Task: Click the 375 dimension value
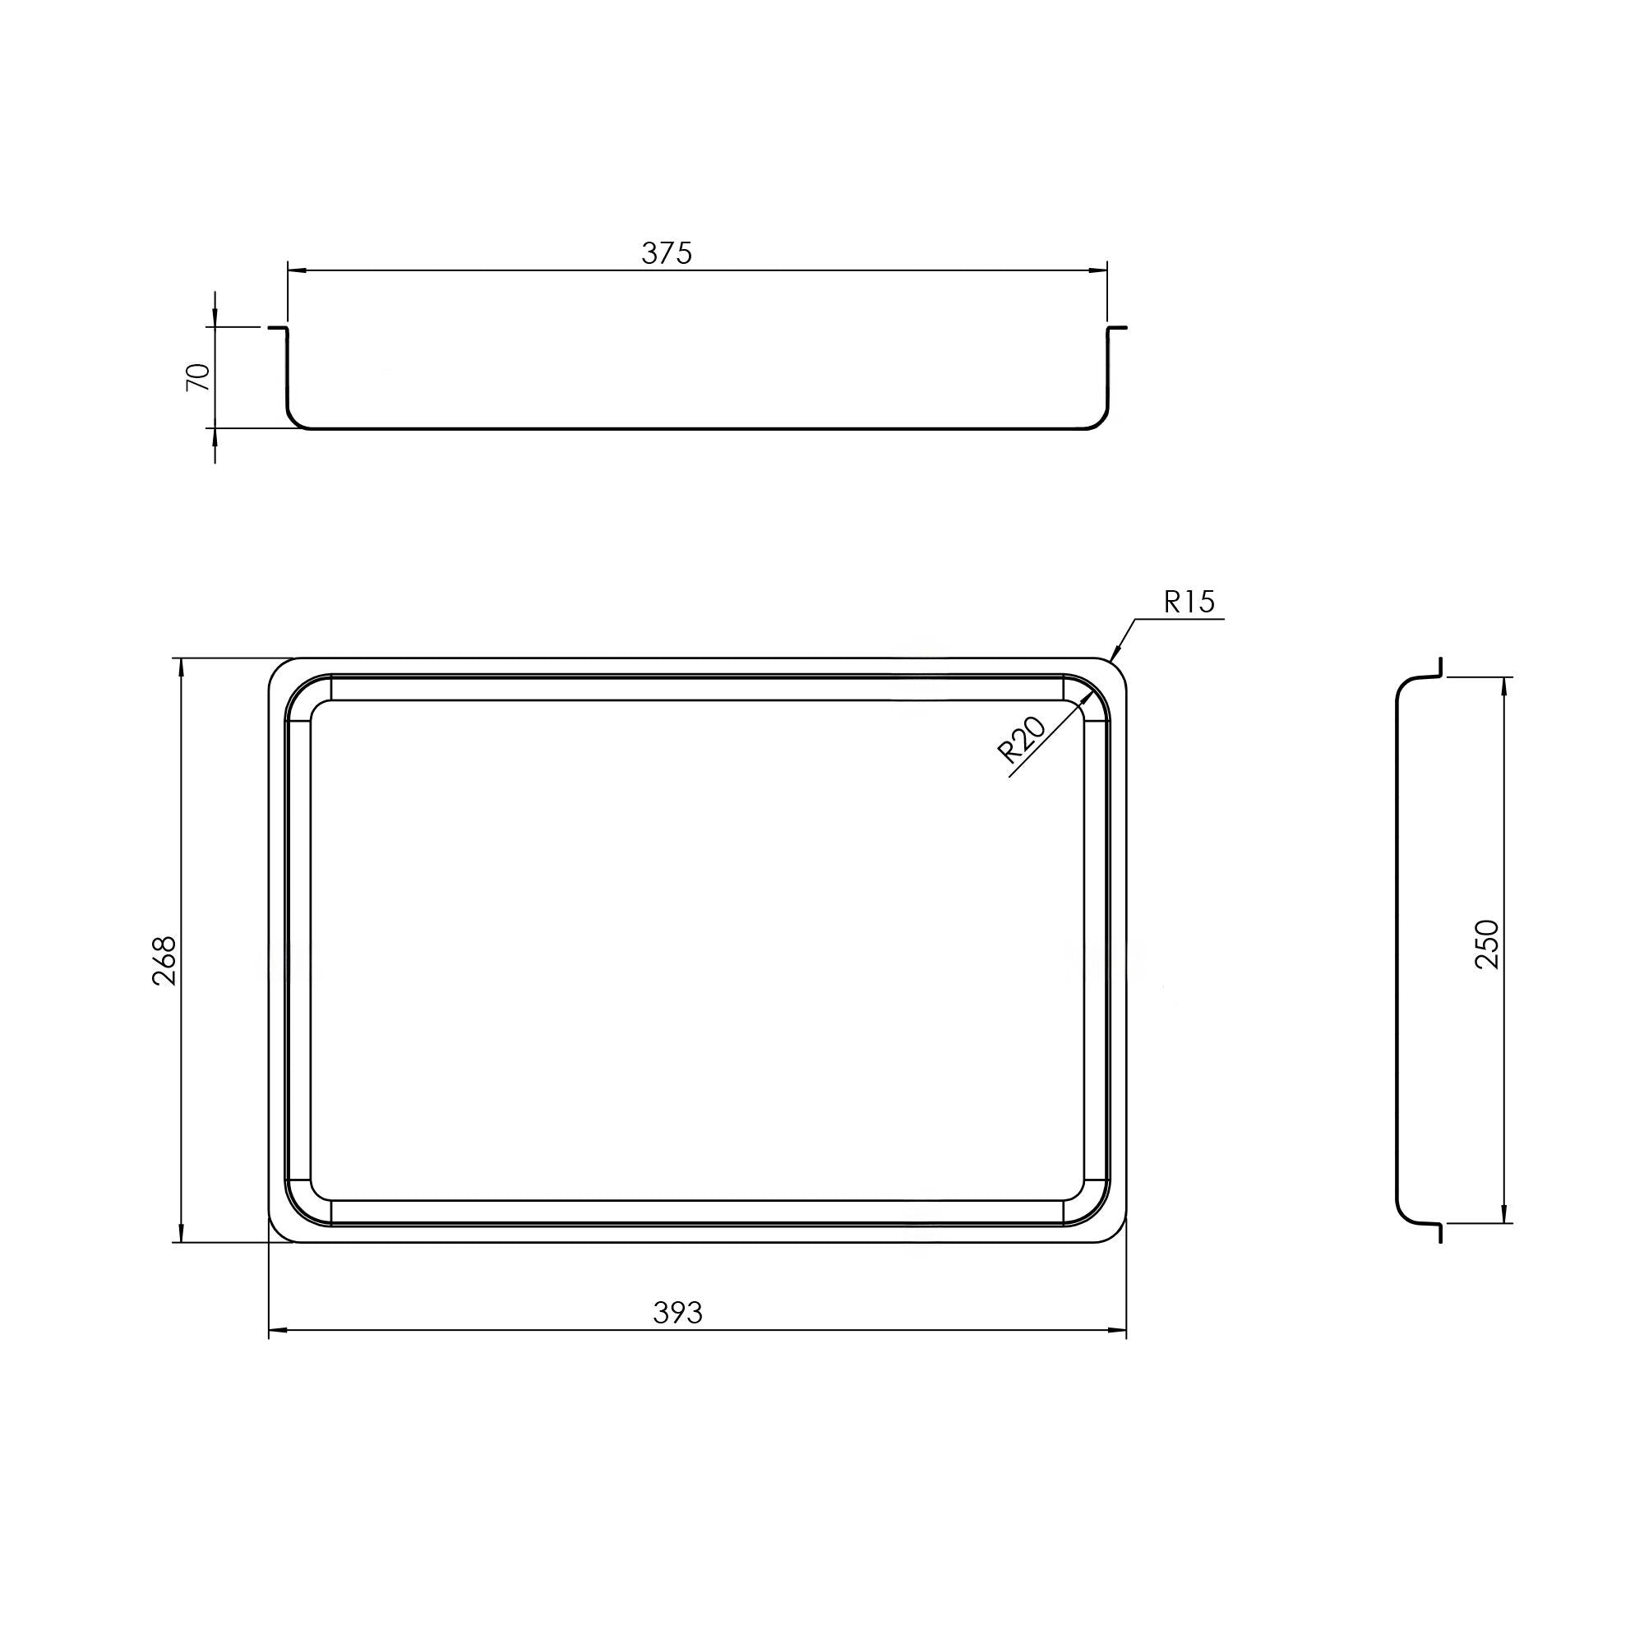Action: [667, 252]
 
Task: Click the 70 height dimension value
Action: [198, 376]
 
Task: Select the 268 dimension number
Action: [164, 961]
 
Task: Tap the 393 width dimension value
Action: [677, 1313]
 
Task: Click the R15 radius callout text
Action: [1189, 603]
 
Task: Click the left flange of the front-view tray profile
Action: [277, 328]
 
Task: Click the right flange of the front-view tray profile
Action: [1116, 328]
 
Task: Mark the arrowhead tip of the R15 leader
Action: [1112, 660]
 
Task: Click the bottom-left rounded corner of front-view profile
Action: [293, 421]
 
